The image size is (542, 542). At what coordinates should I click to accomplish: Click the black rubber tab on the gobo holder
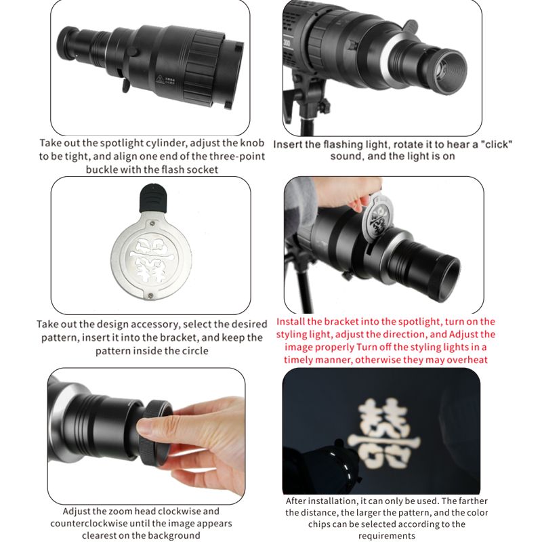coord(153,198)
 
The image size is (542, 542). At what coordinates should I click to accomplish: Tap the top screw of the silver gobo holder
coord(152,224)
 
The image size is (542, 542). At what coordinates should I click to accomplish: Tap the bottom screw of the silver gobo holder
coord(150,295)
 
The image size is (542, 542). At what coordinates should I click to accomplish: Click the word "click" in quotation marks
coord(496,144)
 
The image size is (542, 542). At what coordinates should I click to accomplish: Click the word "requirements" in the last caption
coord(386,536)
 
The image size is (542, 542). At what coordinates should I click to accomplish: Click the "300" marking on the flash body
coord(286,43)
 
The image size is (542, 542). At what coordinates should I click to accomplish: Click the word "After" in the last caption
coord(295,501)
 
